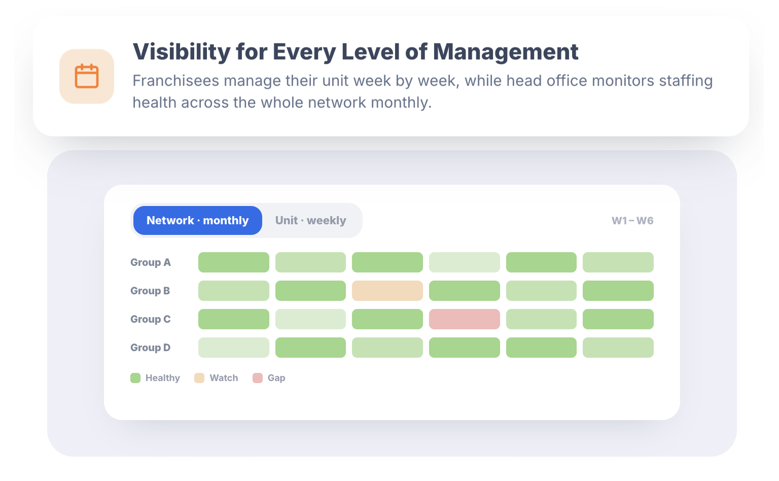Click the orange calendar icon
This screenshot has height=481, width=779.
(x=87, y=76)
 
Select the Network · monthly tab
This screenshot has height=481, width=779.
(x=197, y=220)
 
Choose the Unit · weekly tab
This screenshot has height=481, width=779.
(x=310, y=220)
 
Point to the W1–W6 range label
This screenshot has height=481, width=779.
(x=632, y=221)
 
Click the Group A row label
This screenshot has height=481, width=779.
(x=151, y=262)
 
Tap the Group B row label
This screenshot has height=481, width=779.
(x=150, y=291)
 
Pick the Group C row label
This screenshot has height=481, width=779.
(x=151, y=319)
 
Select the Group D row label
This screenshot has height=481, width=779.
(x=151, y=348)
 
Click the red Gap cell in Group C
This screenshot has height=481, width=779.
(x=464, y=319)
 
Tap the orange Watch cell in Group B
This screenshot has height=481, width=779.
(x=387, y=291)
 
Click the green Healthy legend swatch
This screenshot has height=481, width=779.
(x=135, y=378)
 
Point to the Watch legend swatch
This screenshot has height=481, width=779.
(x=199, y=378)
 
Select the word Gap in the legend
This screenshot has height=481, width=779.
(x=276, y=378)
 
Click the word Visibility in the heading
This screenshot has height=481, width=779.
(x=182, y=52)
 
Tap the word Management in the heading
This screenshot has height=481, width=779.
(x=506, y=52)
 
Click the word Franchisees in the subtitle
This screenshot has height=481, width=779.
(x=175, y=81)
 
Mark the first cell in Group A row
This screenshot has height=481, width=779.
(x=234, y=262)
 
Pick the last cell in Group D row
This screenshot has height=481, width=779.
(x=618, y=348)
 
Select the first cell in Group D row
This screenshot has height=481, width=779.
(x=234, y=348)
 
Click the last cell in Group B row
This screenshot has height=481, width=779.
(x=618, y=291)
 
